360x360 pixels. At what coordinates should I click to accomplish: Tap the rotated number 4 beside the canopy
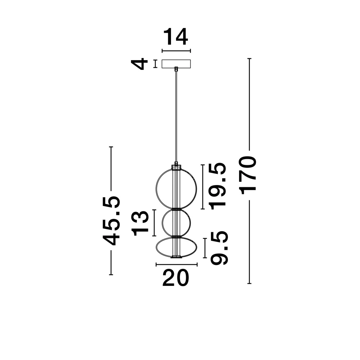[140, 64]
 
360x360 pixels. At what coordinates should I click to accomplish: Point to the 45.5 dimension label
[111, 221]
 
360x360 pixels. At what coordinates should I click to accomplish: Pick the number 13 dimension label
[140, 223]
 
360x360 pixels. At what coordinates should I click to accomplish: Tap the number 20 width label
[175, 278]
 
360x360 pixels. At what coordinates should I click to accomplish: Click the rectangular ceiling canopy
[176, 63]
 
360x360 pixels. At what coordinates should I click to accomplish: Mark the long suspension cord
[176, 115]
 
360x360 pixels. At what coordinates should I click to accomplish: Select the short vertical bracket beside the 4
[155, 64]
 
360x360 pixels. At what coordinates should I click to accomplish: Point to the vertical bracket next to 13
[154, 223]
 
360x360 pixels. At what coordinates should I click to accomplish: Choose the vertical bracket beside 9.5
[204, 248]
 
